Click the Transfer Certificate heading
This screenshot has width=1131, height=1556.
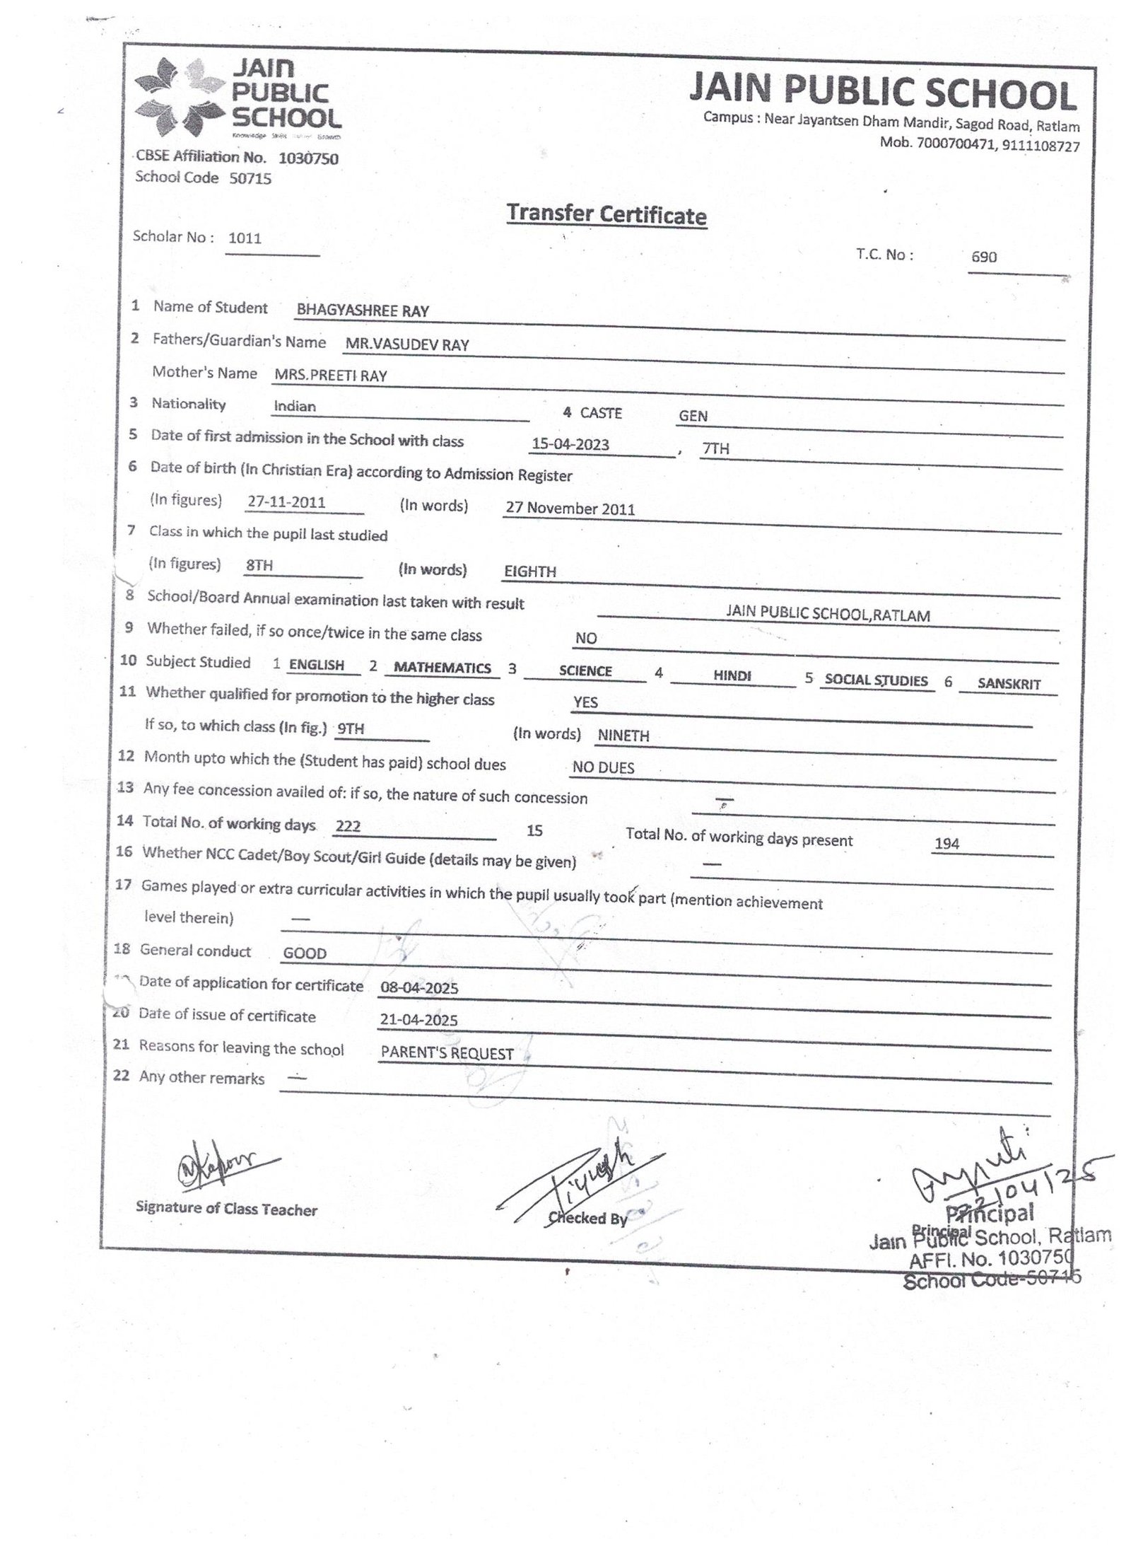coord(606,214)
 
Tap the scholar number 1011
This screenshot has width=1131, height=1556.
coord(245,238)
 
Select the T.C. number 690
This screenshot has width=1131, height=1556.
coord(983,257)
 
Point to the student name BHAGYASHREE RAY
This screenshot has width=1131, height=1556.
coord(363,310)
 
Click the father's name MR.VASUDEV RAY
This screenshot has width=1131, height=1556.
coord(407,344)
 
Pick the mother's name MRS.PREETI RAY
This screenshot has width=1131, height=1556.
coord(331,376)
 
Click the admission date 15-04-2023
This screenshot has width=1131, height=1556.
coord(570,444)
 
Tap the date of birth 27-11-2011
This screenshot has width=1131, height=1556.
coord(286,502)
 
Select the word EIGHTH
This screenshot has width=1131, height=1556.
coord(530,571)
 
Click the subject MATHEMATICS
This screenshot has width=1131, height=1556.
coord(443,668)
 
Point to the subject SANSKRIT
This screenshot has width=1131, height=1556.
coord(1009,684)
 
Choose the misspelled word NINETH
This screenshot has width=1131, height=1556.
coord(623,736)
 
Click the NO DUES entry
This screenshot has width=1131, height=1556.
coord(603,767)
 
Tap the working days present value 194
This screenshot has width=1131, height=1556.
coord(947,843)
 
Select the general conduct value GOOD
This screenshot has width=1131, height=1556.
coord(305,953)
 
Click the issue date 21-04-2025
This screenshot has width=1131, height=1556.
coord(419,1019)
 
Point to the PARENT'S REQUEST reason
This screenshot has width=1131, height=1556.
coord(447,1053)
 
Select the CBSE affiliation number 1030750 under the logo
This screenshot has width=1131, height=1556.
coord(308,158)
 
